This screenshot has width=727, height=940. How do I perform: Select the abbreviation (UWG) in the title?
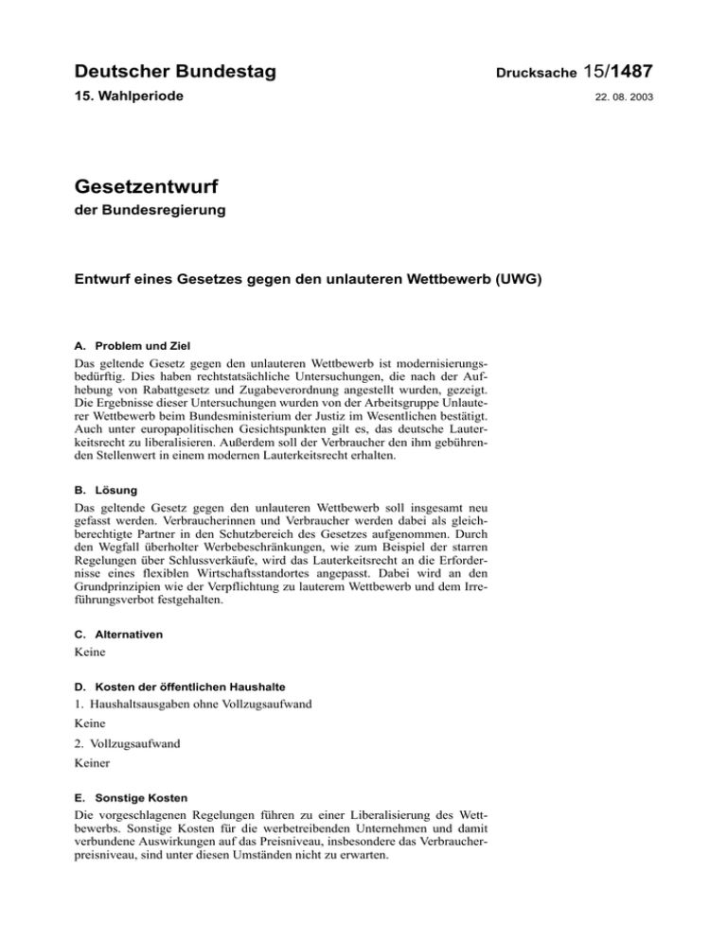coord(510,281)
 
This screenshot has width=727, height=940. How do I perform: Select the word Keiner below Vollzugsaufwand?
coord(93,792)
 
